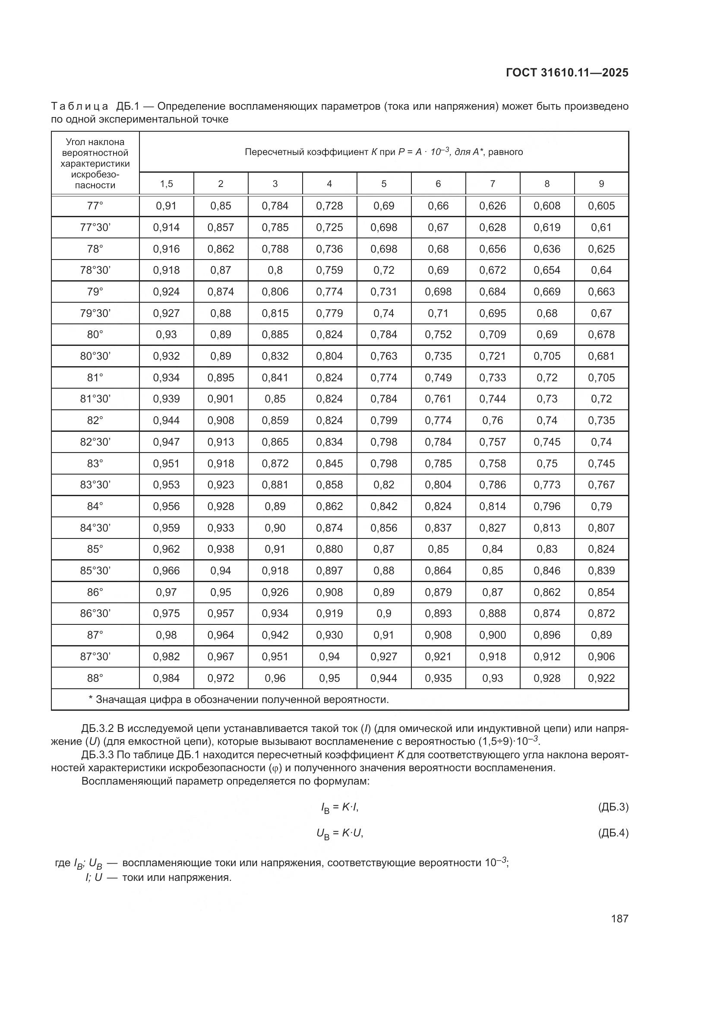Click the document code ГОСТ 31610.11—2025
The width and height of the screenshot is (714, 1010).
tap(567, 73)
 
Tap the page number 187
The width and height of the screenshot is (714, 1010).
tap(619, 918)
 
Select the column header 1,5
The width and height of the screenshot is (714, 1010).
tap(166, 184)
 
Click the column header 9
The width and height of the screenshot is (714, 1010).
tap(601, 184)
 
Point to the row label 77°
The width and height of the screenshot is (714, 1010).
tap(95, 206)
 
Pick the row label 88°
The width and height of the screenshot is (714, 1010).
tap(95, 678)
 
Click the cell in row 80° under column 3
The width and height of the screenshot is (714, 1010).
tap(275, 334)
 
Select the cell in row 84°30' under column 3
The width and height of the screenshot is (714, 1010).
tap(275, 528)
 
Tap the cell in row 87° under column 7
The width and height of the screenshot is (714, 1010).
tap(493, 635)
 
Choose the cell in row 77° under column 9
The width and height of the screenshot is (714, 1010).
tap(601, 206)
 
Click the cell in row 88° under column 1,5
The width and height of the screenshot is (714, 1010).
tap(166, 678)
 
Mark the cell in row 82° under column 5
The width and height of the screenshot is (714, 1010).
tap(383, 421)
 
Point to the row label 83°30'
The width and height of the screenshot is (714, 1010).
tap(95, 485)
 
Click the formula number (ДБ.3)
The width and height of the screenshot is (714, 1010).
tap(613, 807)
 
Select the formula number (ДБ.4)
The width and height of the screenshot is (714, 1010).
tap(613, 833)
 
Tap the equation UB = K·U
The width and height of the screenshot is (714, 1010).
tap(340, 833)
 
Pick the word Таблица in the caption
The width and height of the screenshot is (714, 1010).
tap(79, 107)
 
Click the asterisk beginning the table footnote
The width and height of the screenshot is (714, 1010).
tap(91, 699)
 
